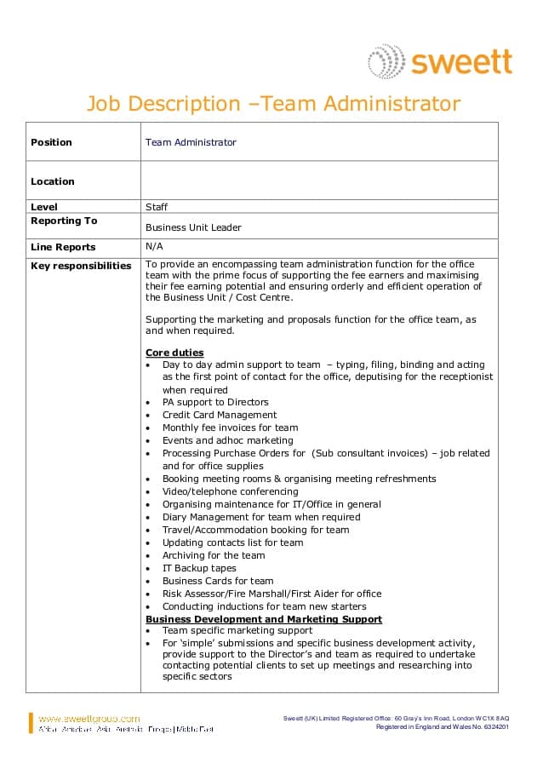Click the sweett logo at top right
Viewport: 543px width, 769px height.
point(440,62)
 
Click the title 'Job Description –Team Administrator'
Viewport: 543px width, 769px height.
point(272,104)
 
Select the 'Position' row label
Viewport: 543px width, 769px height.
point(51,142)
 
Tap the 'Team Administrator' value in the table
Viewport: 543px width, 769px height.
point(191,142)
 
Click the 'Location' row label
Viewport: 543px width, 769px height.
point(53,181)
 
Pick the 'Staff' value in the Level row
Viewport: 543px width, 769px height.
point(157,207)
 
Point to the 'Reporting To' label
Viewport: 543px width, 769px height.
point(64,221)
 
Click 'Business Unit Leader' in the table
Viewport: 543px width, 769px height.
point(193,227)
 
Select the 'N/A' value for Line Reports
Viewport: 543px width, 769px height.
point(154,246)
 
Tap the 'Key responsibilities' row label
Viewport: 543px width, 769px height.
point(81,266)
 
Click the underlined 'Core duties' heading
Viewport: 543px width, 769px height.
point(174,353)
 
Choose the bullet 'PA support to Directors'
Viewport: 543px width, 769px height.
point(215,402)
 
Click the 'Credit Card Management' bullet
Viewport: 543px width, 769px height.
point(220,415)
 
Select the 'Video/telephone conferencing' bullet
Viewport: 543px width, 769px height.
point(230,491)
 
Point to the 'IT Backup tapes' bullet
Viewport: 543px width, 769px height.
point(199,568)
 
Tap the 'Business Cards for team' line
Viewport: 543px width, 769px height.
point(218,581)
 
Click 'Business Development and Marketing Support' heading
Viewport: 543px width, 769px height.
point(264,619)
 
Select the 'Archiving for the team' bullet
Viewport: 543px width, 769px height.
point(214,555)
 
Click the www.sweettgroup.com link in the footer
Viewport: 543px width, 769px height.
point(89,719)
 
